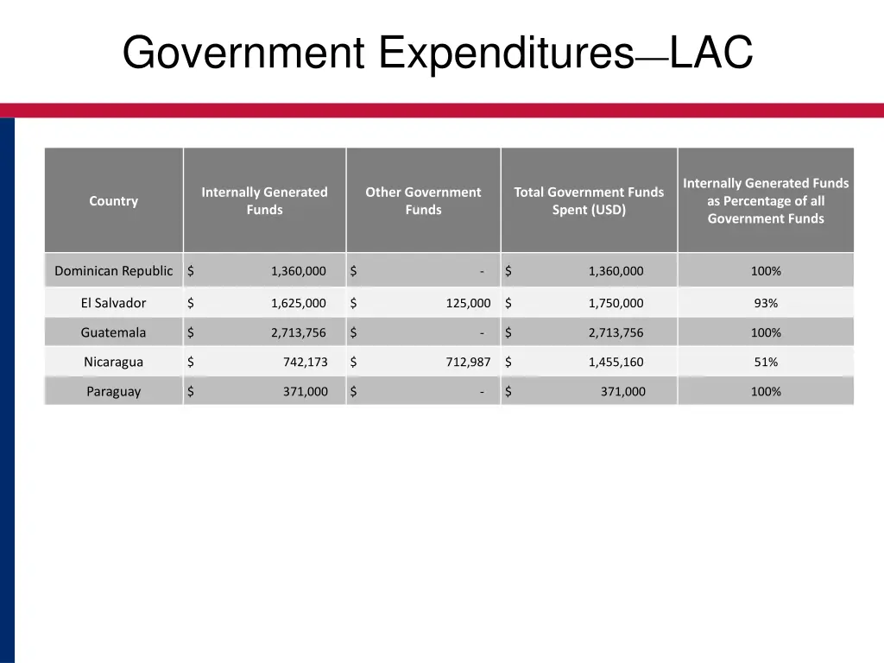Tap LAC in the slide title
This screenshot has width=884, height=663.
click(710, 53)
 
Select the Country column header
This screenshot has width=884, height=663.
click(113, 201)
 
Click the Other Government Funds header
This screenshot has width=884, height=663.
click(423, 201)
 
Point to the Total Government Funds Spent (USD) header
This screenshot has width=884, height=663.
click(589, 201)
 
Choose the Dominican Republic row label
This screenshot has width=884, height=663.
click(113, 271)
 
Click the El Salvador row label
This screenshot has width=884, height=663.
click(113, 303)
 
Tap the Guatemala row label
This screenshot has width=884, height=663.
click(113, 332)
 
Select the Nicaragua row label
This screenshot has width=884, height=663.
click(113, 362)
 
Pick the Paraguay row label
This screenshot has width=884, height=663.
click(113, 391)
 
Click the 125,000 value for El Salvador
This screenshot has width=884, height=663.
click(468, 303)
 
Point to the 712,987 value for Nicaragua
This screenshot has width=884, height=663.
click(468, 362)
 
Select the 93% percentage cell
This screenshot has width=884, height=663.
click(766, 303)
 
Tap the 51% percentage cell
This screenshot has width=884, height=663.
click(766, 362)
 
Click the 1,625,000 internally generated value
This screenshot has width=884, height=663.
click(298, 303)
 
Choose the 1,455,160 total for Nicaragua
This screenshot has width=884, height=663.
click(616, 362)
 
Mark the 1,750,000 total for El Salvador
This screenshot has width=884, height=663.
click(616, 303)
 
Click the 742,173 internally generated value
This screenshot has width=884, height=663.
click(305, 362)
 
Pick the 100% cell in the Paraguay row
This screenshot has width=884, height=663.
click(766, 391)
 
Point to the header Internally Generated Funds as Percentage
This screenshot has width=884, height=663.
click(766, 201)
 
